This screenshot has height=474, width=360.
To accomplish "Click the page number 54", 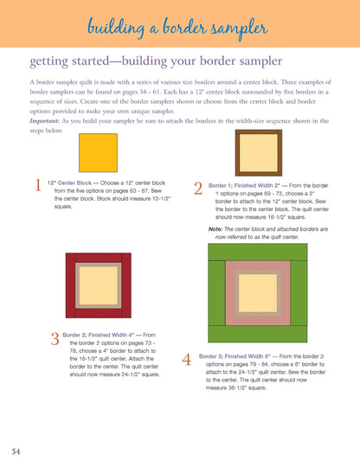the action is pos(16,452).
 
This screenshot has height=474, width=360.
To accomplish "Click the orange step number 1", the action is pos(38,185).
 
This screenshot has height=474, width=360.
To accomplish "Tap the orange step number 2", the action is pos(198,189).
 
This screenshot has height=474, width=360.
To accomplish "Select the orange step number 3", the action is pos(55,338).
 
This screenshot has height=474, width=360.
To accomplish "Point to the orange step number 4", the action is pos(186,360).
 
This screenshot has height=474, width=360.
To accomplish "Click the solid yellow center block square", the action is pos(99,152).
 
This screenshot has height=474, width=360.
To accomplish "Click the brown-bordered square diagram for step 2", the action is pos(259,152).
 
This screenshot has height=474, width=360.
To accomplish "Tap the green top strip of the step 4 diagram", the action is pos(257,252).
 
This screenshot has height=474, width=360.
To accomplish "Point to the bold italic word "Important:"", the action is pos(45,121).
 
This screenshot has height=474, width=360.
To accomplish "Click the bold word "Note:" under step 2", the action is pos(215,229).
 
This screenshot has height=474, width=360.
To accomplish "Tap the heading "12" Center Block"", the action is pos(69,183).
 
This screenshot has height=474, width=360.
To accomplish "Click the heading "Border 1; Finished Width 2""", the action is pos(244,186).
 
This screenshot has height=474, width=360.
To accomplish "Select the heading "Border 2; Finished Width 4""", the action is pos(99,335).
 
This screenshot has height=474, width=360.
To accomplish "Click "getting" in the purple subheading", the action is pos(49,61).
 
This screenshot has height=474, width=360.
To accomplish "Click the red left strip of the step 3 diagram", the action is pos(70,285).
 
